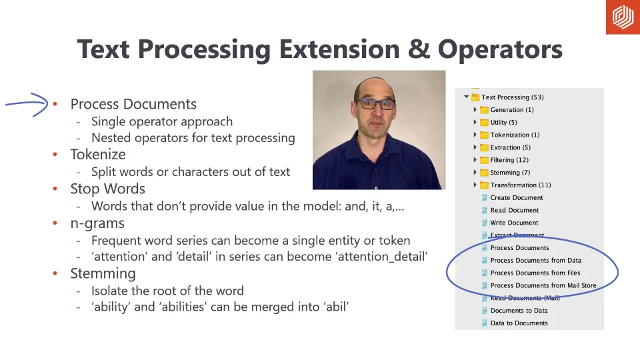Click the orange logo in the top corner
click(623, 17)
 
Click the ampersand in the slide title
click(419, 49)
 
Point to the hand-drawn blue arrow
click(27, 104)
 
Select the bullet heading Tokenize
click(98, 154)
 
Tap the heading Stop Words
click(108, 189)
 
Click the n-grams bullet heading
click(97, 224)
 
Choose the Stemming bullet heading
click(103, 273)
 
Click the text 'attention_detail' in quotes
click(383, 256)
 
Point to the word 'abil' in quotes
click(337, 307)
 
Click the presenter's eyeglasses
click(375, 104)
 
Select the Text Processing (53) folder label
click(512, 97)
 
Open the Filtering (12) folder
click(509, 160)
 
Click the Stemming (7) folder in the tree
click(510, 173)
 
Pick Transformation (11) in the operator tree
click(521, 185)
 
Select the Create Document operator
click(516, 197)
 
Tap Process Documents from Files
click(535, 273)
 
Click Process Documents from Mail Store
click(543, 285)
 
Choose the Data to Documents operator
click(519, 323)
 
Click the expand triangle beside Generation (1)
click(475, 109)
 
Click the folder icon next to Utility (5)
click(484, 122)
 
